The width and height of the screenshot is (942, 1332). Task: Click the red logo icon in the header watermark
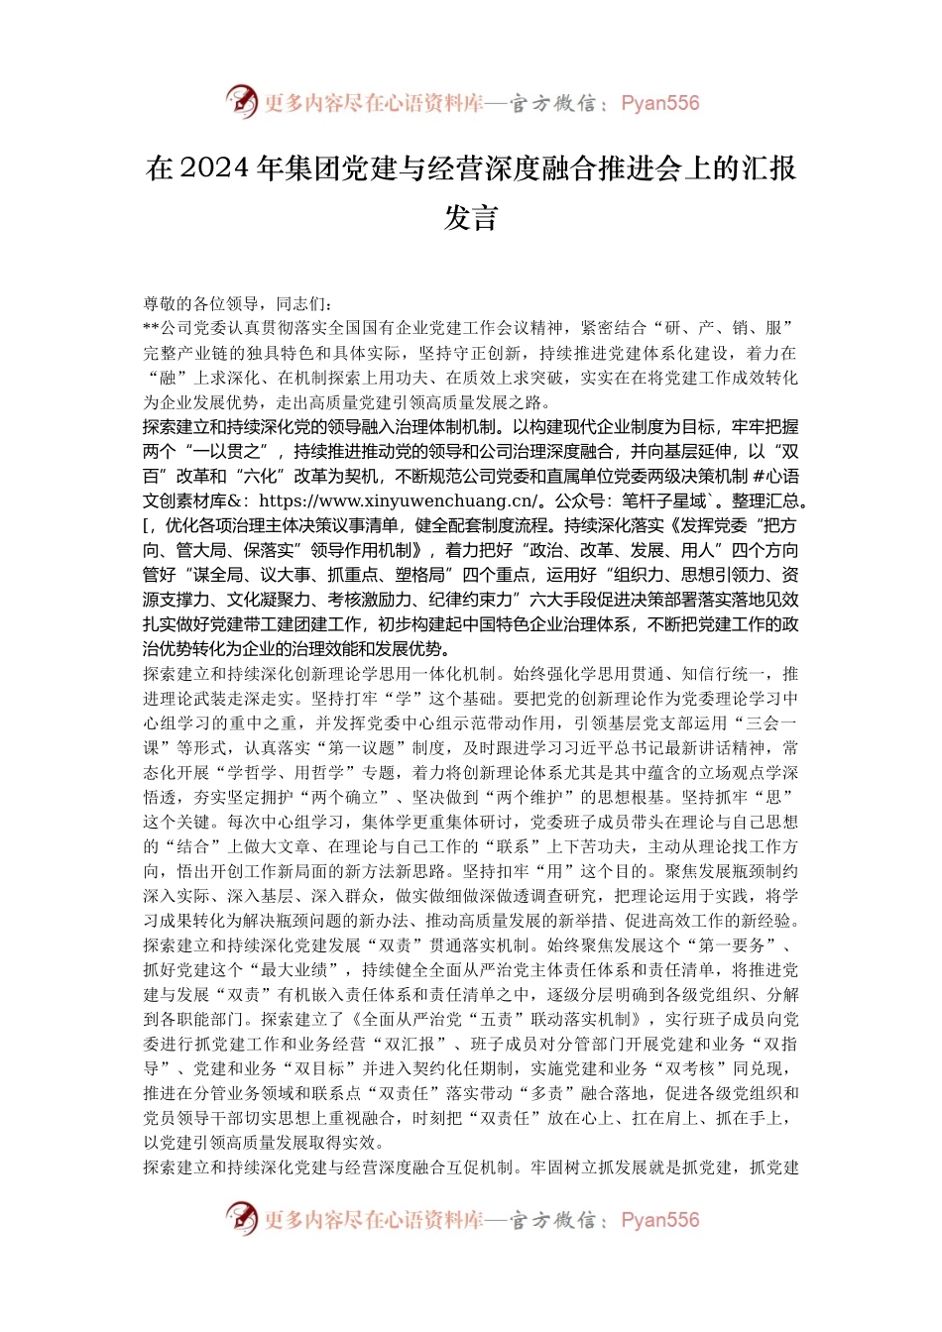(241, 101)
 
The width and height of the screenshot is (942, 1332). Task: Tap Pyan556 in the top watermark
(660, 103)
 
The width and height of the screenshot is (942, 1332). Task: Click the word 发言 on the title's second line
(470, 218)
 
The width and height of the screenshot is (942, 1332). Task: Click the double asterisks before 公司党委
(151, 328)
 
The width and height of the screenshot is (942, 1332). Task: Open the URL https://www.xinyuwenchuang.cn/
(398, 501)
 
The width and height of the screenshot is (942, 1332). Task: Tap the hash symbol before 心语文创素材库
(758, 477)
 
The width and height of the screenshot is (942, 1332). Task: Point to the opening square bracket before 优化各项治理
(147, 526)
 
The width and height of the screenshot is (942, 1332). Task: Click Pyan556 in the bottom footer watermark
(660, 1220)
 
